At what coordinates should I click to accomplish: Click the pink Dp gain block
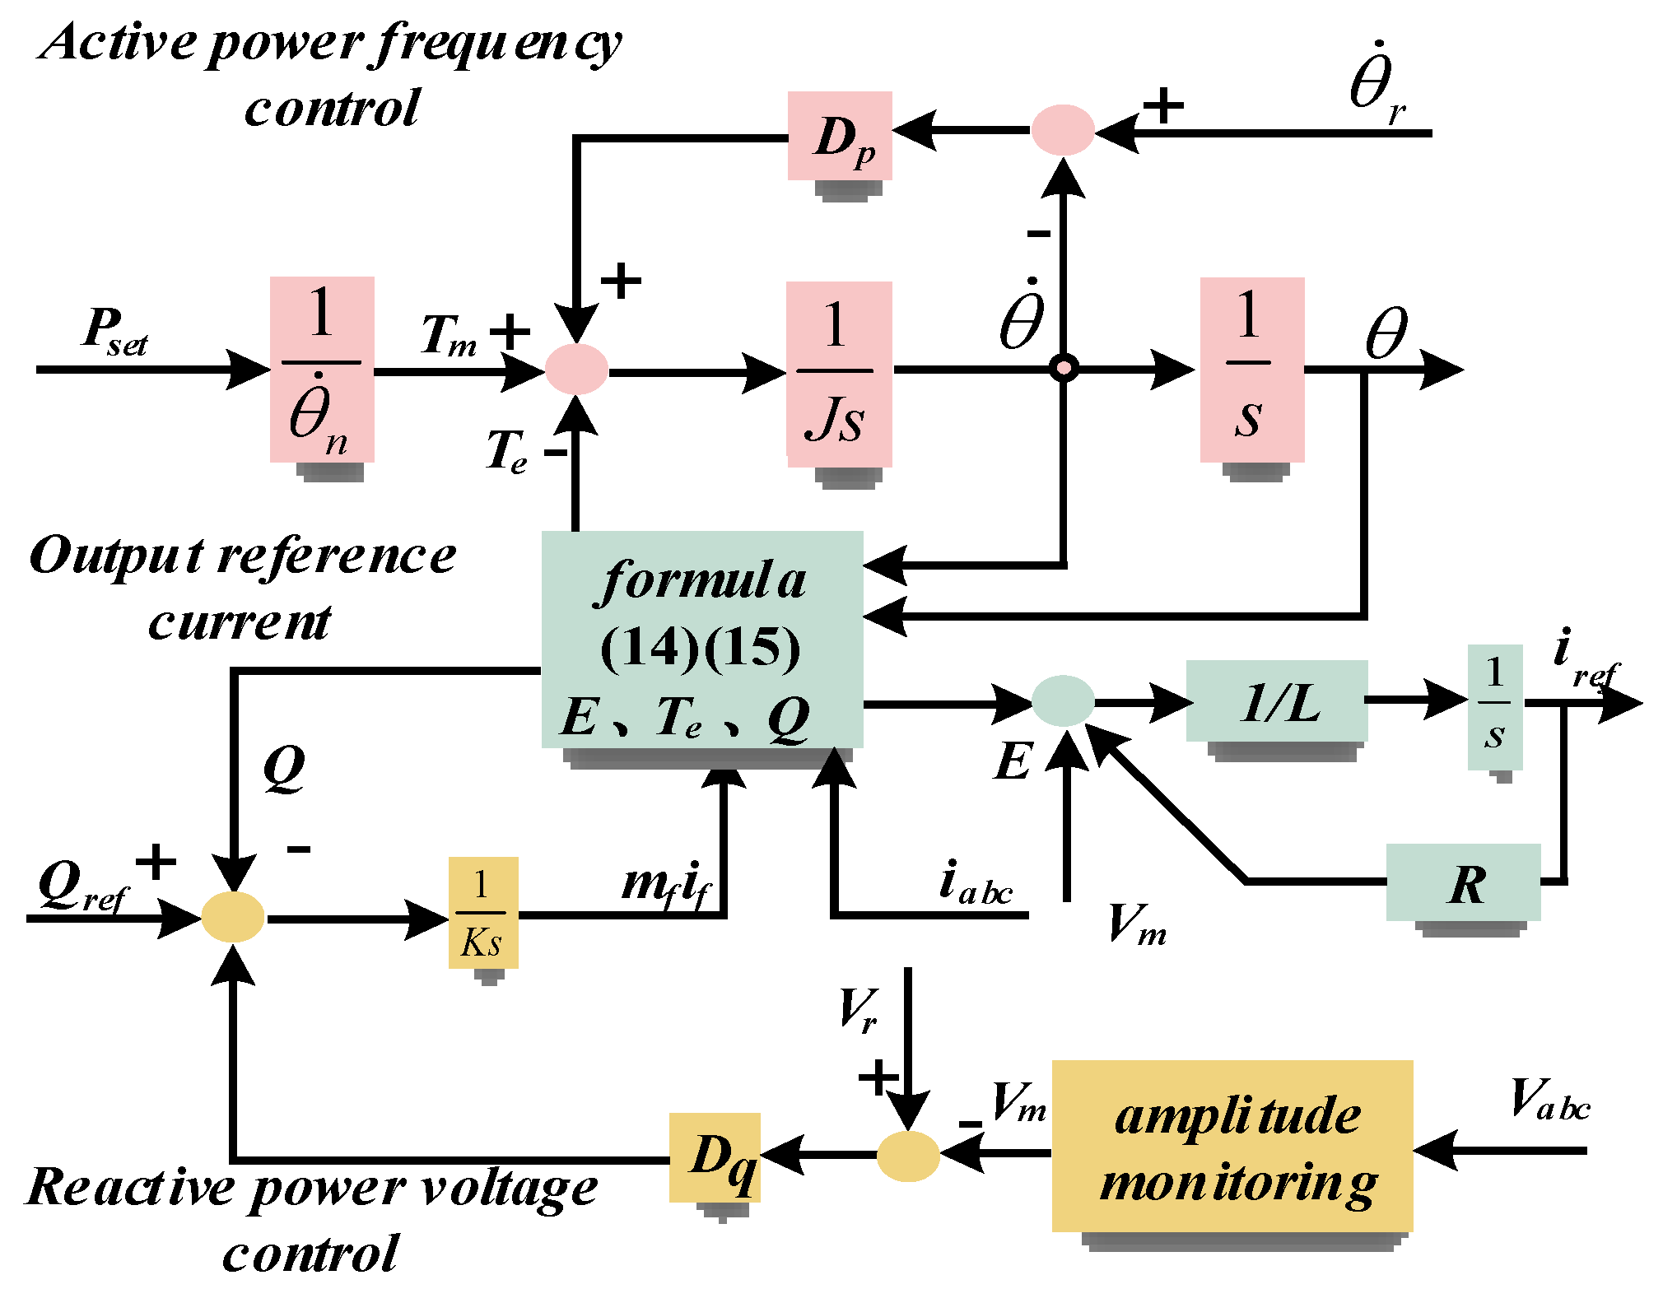(839, 136)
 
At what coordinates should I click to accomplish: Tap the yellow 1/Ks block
(483, 912)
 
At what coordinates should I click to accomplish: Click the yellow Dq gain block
(714, 1156)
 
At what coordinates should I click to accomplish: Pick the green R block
(1463, 882)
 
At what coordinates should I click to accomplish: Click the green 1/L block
(1276, 700)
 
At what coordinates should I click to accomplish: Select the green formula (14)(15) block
(701, 639)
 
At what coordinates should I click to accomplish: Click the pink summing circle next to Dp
(1062, 130)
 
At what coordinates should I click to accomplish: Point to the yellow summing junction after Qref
(233, 916)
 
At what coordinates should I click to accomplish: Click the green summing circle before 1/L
(1063, 700)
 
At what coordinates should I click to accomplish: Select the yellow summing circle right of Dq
(907, 1156)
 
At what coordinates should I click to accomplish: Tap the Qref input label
(83, 887)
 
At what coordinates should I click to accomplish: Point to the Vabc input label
(1549, 1101)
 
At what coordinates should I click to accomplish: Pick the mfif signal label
(665, 885)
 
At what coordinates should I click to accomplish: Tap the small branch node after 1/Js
(1064, 368)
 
